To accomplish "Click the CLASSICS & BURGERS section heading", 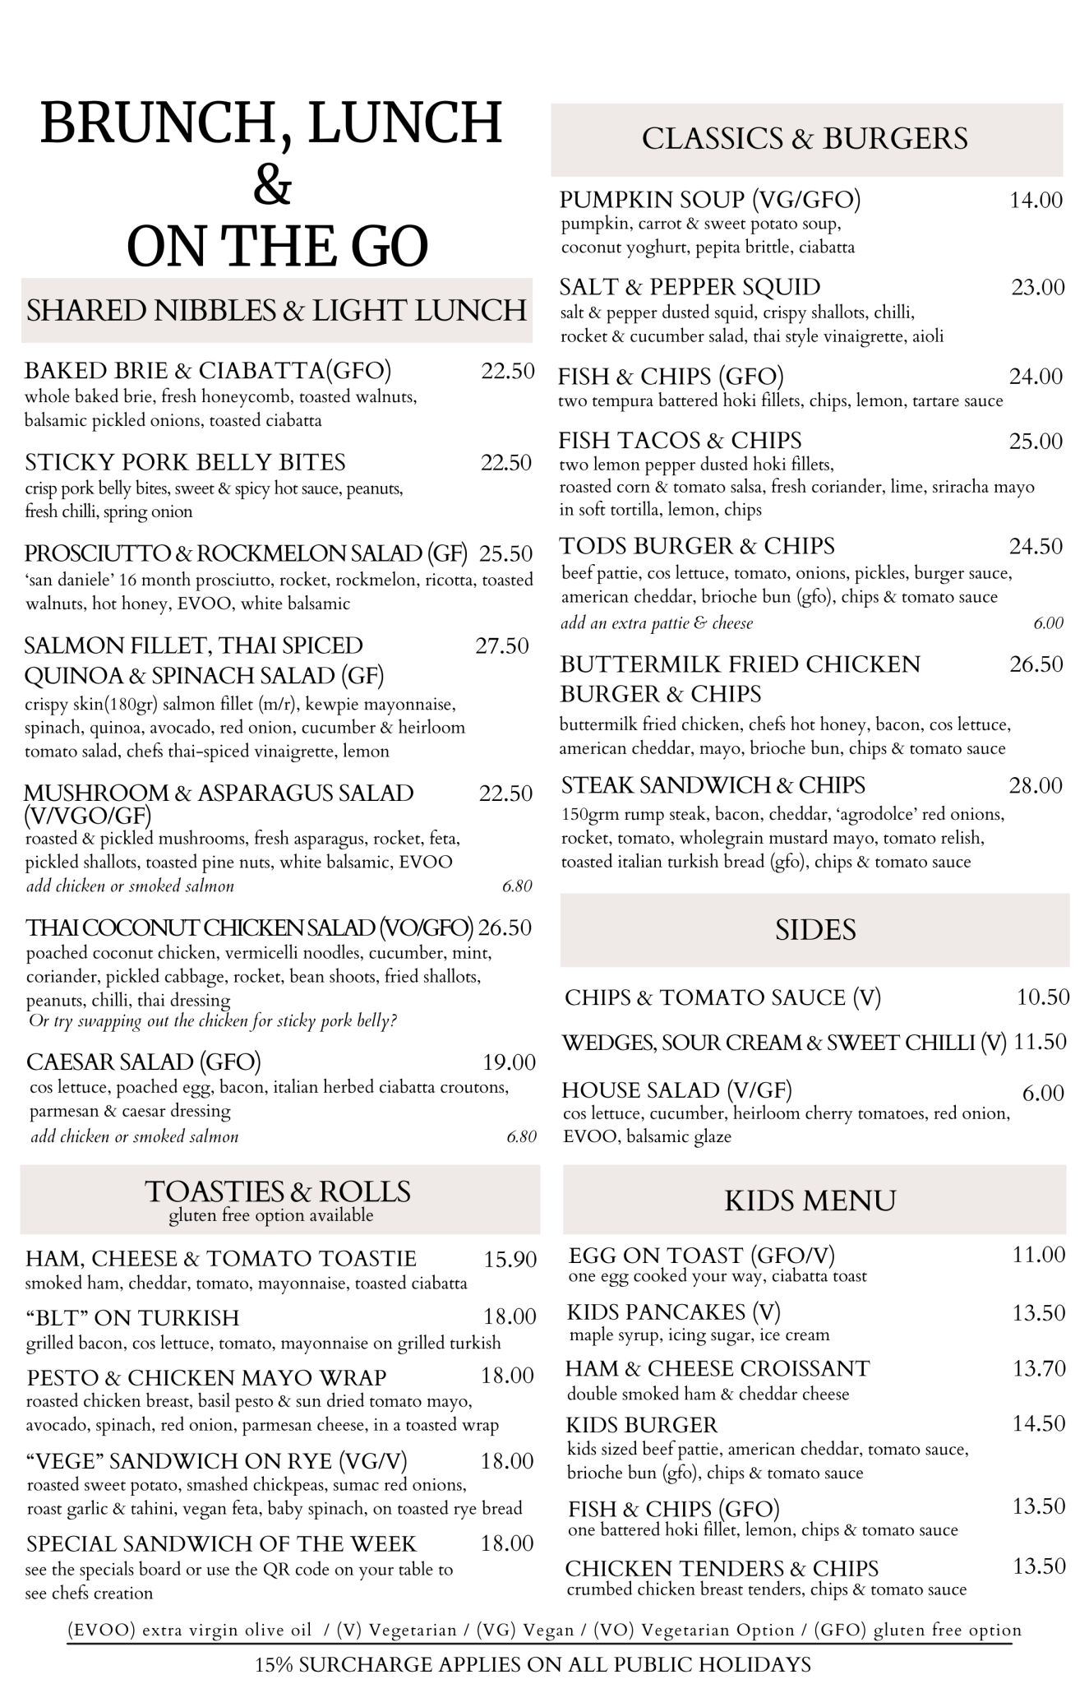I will [x=805, y=139].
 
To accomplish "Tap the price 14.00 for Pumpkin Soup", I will [x=1036, y=200].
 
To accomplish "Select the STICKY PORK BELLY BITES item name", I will [x=185, y=462].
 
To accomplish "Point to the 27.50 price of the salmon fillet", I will [x=501, y=646].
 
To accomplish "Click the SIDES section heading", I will [x=814, y=930].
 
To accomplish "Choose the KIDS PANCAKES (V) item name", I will [x=674, y=1312].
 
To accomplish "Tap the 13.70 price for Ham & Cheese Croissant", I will [x=1039, y=1368].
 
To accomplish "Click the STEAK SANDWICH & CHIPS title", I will [x=713, y=785].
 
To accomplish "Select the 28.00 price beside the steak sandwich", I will [x=1036, y=786].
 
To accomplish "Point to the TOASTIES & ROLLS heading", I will [x=278, y=1191].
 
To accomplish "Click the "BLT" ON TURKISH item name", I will [x=132, y=1317].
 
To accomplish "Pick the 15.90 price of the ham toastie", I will [x=510, y=1259].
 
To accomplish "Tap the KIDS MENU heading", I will [x=810, y=1201].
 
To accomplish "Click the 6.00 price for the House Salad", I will [x=1043, y=1094].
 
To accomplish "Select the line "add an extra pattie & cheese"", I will [x=657, y=623].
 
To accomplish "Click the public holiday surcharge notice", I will [x=533, y=1665].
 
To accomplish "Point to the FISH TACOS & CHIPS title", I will [x=681, y=441].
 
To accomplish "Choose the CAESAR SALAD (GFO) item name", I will [x=144, y=1062].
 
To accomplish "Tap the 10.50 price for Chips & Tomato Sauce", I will [x=1043, y=997].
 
